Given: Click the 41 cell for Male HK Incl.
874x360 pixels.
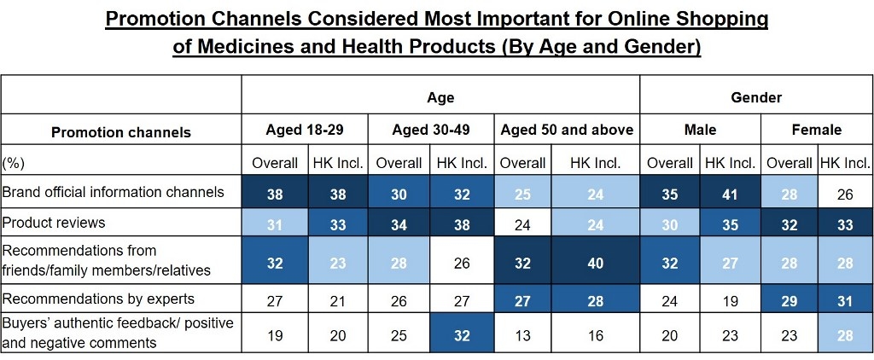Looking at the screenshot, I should pyautogui.click(x=731, y=194).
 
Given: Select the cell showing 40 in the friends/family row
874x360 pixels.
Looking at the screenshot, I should pyautogui.click(x=595, y=264).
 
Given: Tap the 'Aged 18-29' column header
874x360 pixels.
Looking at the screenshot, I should pyautogui.click(x=305, y=130).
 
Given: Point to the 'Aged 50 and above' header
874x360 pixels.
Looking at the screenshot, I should pyautogui.click(x=567, y=130).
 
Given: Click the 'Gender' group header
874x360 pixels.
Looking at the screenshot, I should pyautogui.click(x=756, y=97).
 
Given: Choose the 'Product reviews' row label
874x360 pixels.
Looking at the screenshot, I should pyautogui.click(x=54, y=223).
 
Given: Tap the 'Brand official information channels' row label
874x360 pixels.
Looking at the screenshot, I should pyautogui.click(x=113, y=192).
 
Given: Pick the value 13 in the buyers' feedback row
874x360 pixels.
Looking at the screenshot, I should pyautogui.click(x=522, y=335).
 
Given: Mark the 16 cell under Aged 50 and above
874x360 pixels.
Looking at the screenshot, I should pyautogui.click(x=595, y=335).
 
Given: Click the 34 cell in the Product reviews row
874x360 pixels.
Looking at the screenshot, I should pyautogui.click(x=399, y=224).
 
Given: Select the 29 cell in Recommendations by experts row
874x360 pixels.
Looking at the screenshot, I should pyautogui.click(x=790, y=300).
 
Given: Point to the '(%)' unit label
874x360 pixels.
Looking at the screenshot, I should pyautogui.click(x=14, y=162).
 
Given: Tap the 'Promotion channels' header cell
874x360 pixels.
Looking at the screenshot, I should pyautogui.click(x=121, y=132).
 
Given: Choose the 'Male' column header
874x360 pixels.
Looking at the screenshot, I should pyautogui.click(x=700, y=130).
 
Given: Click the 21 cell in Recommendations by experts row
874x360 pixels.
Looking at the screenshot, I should pyautogui.click(x=338, y=300).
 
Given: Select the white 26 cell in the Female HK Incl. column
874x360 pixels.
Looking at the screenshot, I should pyautogui.click(x=844, y=194).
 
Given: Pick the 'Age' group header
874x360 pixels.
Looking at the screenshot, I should pyautogui.click(x=440, y=97).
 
